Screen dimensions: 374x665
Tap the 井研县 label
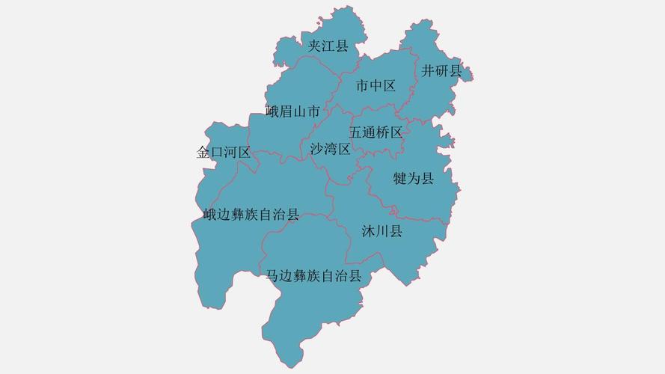pos(441,71)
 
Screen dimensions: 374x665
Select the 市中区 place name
pos(376,86)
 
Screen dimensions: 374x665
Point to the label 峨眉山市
pos(293,112)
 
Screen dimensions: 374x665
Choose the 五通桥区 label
pos(376,132)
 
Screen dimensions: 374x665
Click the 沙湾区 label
pos(330,149)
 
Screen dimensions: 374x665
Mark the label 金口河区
pos(223,153)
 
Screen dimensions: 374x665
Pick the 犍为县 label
pos(414,179)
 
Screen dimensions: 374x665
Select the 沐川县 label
pos(381,231)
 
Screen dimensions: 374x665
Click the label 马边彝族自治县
pos(313,276)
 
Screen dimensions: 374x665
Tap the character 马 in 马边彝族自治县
pos(273,276)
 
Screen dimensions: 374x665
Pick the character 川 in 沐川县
pos(381,231)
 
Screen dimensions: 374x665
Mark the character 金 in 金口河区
pos(203,153)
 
